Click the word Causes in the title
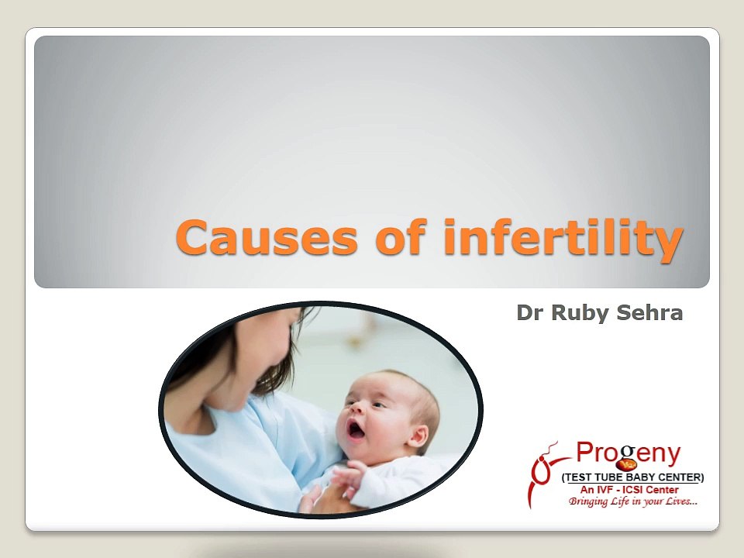point(266,237)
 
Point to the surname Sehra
point(649,313)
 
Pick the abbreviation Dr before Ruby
point(530,313)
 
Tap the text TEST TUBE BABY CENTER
point(632,477)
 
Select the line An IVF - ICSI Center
point(629,490)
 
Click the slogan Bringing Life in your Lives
point(633,501)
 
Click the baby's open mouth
point(356,430)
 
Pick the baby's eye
point(377,405)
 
